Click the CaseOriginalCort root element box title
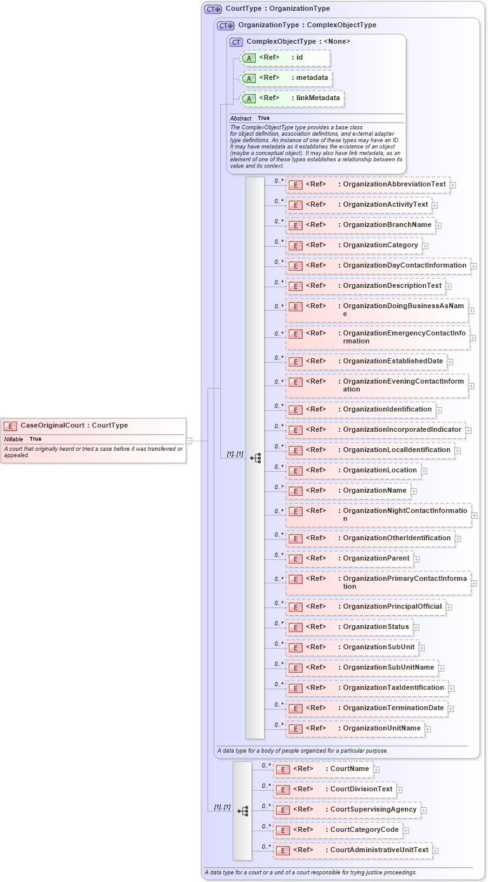coord(74,425)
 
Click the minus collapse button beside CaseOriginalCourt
coord(189,440)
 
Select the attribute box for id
coord(285,58)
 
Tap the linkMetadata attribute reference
coord(291,98)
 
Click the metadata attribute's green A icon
coord(249,79)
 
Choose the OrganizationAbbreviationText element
coord(367,185)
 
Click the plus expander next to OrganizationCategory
coord(425,246)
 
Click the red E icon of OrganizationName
coord(295,491)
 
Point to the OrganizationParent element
coord(349,559)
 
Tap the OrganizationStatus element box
coord(349,627)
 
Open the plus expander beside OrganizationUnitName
coord(428,729)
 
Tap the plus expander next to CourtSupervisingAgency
coord(424,810)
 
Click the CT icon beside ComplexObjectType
coord(237,42)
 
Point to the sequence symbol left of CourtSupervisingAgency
coord(242,810)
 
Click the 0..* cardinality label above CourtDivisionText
coord(267,785)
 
